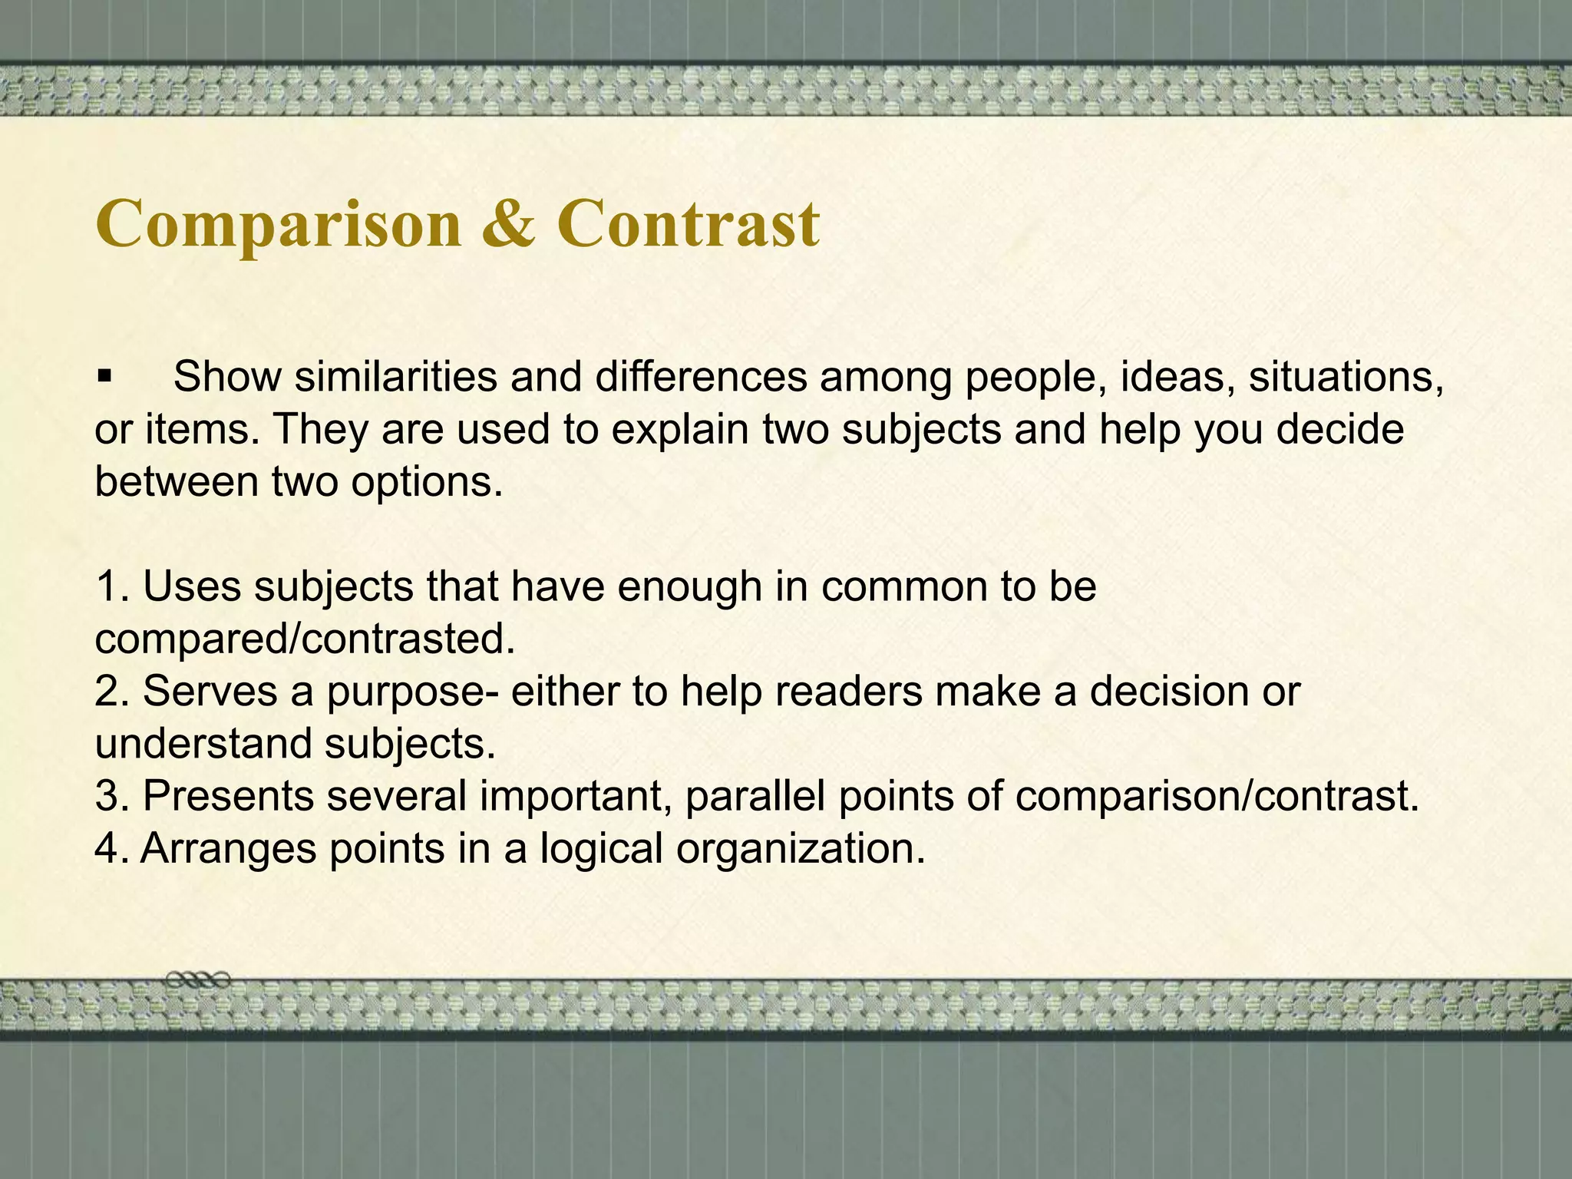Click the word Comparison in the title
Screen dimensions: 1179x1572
279,224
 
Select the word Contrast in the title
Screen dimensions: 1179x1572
689,223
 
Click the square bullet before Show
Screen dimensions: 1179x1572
105,377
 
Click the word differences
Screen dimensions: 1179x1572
701,376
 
